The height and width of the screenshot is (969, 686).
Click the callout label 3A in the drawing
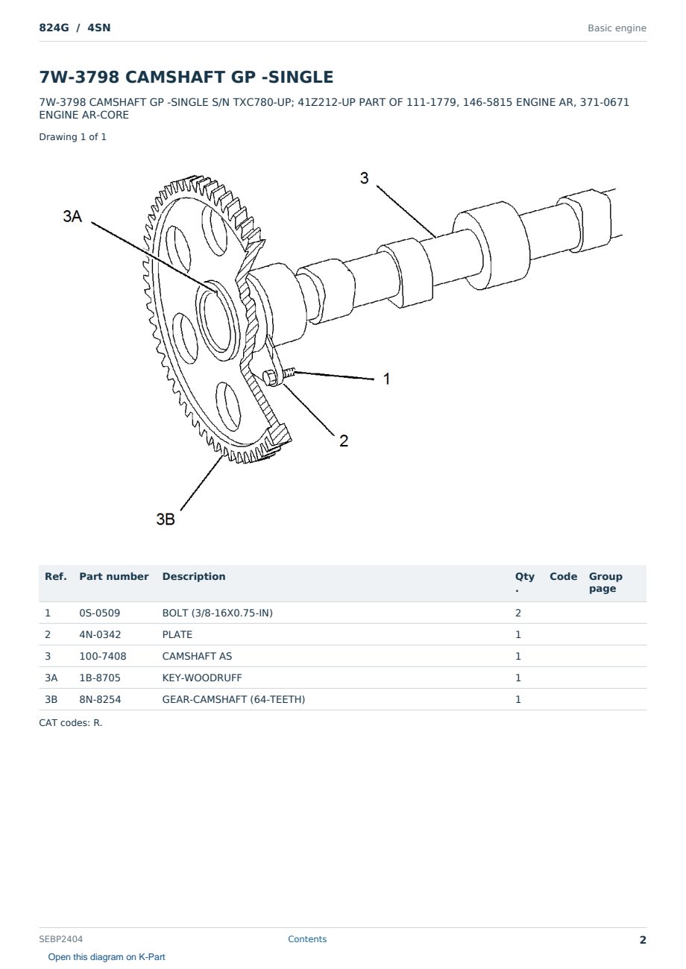72,216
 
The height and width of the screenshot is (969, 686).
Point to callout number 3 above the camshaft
364,178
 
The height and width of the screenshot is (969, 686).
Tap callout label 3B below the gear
166,519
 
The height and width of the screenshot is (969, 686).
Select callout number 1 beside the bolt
387,379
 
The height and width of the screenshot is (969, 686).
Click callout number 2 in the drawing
344,441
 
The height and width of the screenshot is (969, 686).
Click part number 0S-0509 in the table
100,613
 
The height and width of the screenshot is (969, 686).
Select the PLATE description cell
177,634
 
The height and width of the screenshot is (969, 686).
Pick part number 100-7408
103,656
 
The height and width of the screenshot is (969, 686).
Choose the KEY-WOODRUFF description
201,678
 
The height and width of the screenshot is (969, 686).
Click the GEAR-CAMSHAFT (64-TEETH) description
233,699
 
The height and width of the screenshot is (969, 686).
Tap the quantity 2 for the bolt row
518,613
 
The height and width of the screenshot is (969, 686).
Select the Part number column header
114,577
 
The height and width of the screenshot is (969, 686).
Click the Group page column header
605,582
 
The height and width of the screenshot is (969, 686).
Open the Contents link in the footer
307,939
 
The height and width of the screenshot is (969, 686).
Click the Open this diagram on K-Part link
107,957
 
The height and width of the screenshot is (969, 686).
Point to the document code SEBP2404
60,939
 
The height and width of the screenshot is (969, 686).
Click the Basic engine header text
617,28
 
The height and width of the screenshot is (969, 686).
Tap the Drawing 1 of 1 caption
72,137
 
